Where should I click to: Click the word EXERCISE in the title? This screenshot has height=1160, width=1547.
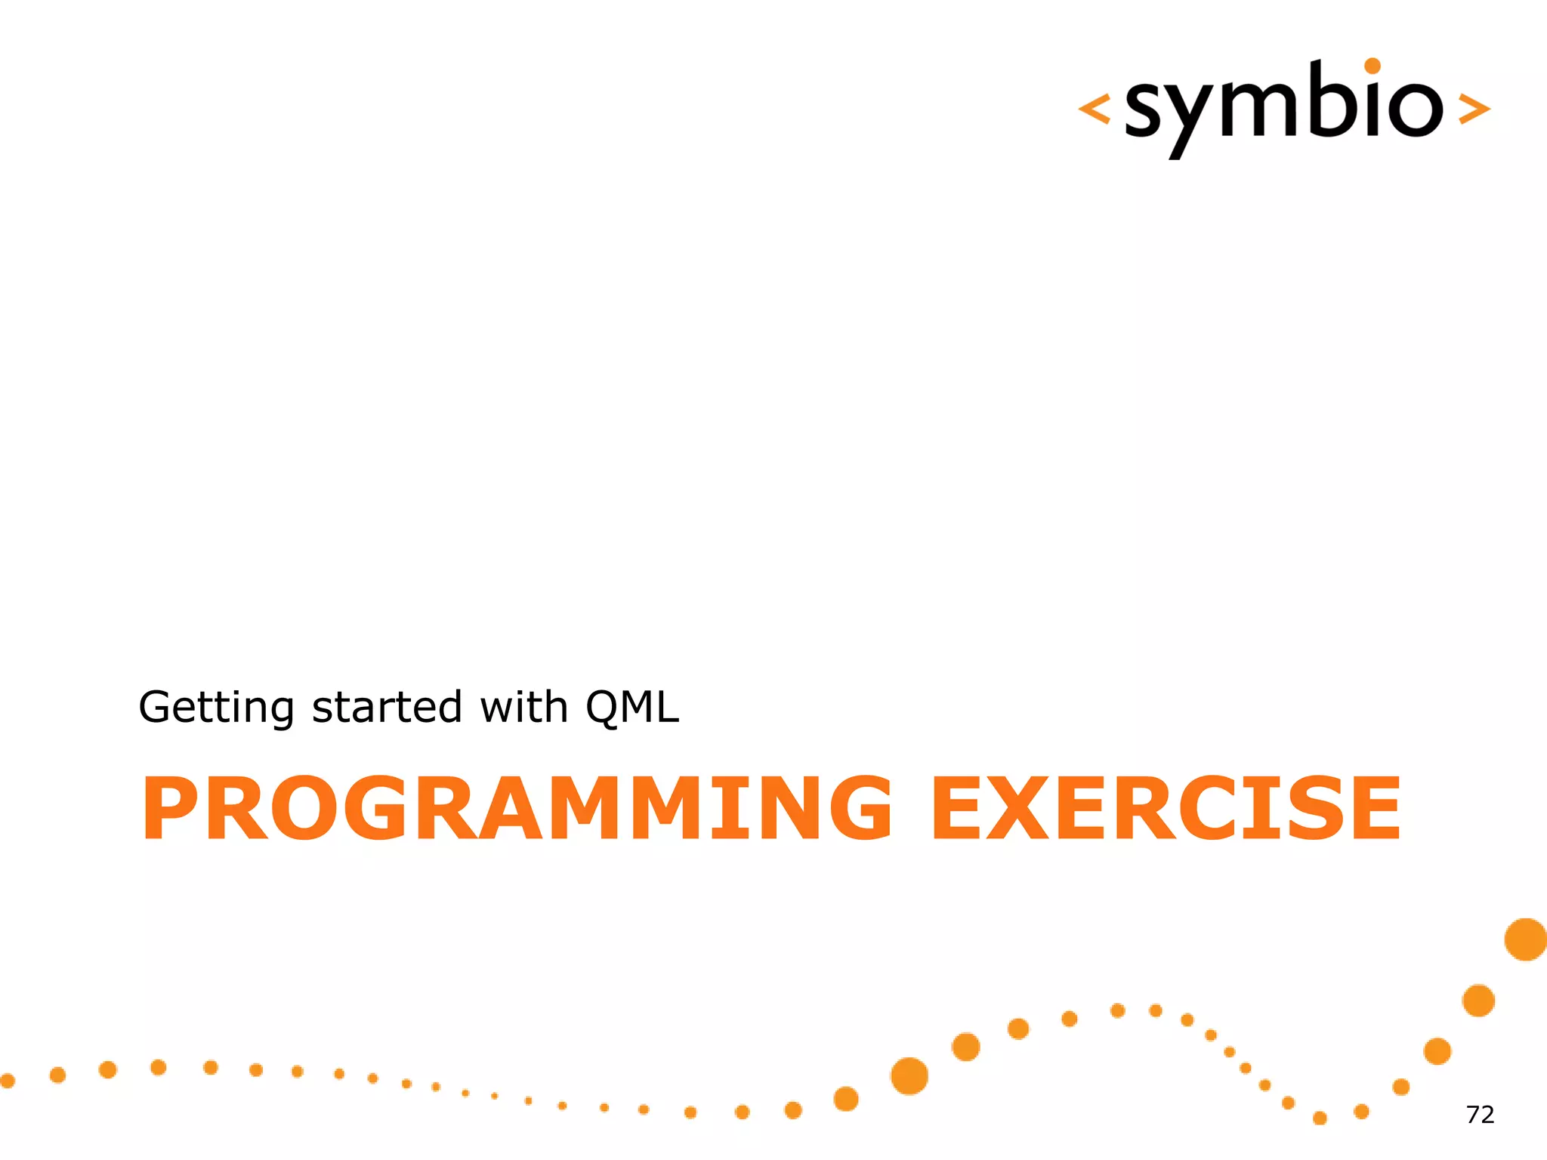[1166, 808]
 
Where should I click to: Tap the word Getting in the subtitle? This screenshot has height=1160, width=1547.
[216, 708]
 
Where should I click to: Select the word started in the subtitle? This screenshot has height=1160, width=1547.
[387, 708]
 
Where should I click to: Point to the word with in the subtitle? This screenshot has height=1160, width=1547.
[523, 708]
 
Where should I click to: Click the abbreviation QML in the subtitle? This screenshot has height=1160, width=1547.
[632, 708]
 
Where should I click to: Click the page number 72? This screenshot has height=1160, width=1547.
[1480, 1115]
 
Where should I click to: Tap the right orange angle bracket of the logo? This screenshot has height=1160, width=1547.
[1474, 109]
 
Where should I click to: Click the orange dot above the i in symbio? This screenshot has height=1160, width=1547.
[1373, 66]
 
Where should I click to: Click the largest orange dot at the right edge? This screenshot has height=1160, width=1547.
[1526, 939]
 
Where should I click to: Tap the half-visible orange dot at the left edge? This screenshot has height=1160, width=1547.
[7, 1081]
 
